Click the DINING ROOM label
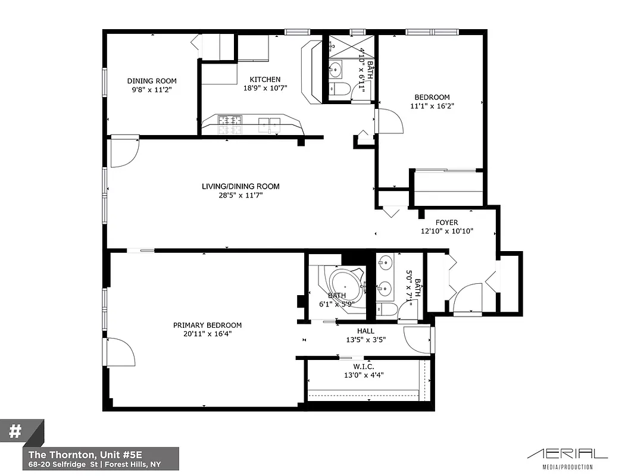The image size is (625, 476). (x=152, y=81)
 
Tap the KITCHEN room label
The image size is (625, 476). (x=265, y=80)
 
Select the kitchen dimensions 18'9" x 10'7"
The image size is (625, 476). (x=265, y=88)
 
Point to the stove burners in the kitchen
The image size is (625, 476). (x=230, y=123)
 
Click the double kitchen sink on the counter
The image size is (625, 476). (x=270, y=124)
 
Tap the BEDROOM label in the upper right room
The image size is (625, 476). (x=432, y=97)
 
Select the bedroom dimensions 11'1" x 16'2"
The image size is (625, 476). (x=432, y=106)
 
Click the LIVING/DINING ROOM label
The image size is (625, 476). (x=240, y=186)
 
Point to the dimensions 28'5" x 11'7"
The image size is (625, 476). (x=240, y=195)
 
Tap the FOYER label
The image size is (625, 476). (x=446, y=223)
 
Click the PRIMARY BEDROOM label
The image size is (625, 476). (x=207, y=325)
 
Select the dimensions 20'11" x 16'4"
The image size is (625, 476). (x=207, y=334)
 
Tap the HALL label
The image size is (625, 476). (x=365, y=331)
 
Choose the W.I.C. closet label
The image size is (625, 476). (x=364, y=366)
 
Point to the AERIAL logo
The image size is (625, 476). (x=567, y=454)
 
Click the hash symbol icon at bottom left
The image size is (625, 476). (x=15, y=431)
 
